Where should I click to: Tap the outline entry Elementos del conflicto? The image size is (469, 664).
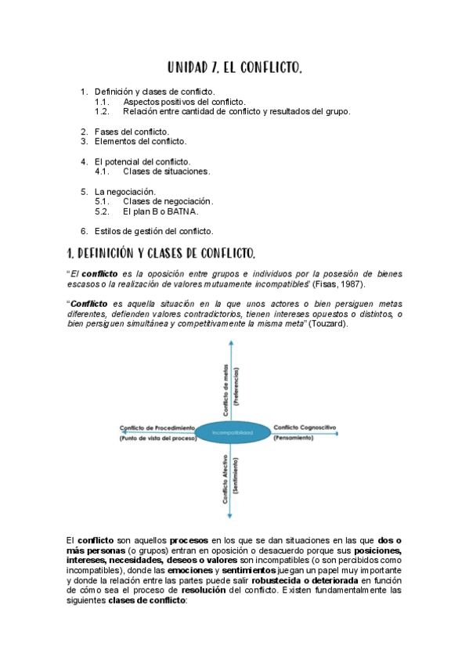pos(140,142)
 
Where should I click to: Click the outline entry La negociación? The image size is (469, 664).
pos(124,191)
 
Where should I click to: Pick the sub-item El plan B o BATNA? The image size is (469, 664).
pos(161,211)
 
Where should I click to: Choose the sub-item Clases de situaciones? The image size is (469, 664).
pos(166,171)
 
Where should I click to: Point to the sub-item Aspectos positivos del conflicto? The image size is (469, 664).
pos(184,102)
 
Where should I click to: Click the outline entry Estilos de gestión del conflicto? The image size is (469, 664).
pos(153,231)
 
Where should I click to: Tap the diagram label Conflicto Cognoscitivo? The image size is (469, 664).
pos(305,428)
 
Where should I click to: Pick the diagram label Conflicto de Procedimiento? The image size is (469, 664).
pos(157,428)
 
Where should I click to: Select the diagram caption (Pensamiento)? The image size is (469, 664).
pos(294,438)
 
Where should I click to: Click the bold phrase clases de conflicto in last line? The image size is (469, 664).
pos(147,601)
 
